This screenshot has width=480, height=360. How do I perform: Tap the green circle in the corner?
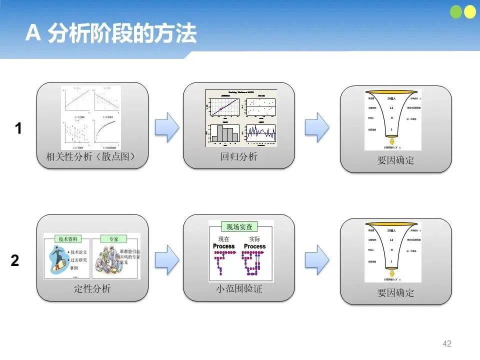point(457,12)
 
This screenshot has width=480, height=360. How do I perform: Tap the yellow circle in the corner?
point(470,12)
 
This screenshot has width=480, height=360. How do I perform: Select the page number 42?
point(447,343)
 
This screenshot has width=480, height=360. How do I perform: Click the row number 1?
point(18,129)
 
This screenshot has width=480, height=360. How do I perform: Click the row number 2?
point(15,261)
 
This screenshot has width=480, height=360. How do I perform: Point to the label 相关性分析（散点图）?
point(91,157)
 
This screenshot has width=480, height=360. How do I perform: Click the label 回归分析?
point(239,157)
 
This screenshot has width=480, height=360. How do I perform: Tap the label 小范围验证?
point(239,289)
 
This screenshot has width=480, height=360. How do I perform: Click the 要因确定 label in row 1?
point(395,161)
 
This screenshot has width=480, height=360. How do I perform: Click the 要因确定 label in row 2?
point(395,293)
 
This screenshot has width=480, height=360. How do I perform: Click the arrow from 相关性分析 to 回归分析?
point(167,127)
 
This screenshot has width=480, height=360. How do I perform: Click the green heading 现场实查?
point(241,226)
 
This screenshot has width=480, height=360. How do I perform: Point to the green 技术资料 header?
point(67,239)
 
